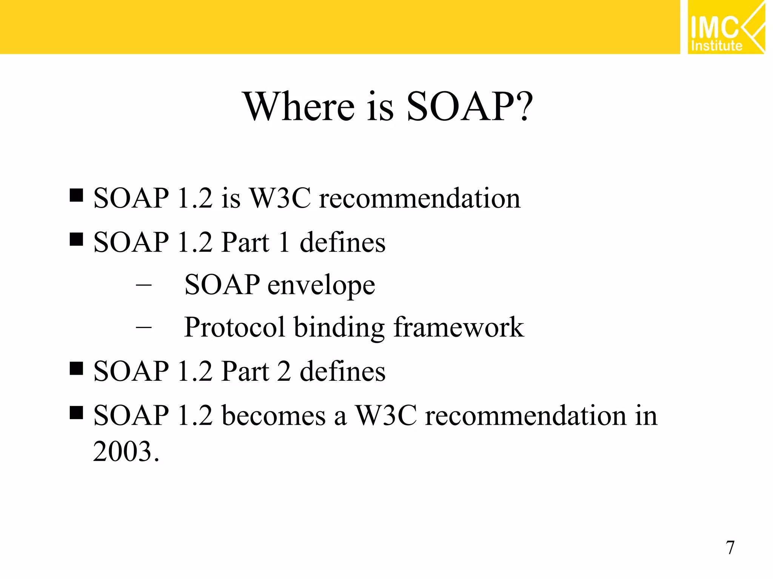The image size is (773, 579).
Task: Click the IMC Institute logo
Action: point(725,27)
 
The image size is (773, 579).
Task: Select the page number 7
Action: point(730,548)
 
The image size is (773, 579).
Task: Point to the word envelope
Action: point(321,285)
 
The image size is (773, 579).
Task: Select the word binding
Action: point(339,328)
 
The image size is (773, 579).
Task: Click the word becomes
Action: point(274,416)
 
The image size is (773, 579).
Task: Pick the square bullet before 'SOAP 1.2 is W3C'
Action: point(77,195)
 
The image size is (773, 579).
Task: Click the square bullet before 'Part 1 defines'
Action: point(77,239)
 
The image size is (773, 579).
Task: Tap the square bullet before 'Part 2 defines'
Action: point(77,368)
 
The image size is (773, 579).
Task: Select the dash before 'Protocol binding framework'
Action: point(143,328)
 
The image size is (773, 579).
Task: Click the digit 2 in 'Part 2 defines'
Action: point(284,371)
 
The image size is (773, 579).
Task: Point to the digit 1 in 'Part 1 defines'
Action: point(284,242)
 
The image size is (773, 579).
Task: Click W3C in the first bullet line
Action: point(281,198)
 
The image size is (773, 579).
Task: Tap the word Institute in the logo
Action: point(716,46)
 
